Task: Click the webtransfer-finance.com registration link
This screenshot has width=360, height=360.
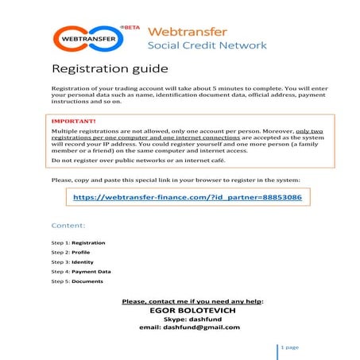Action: pyautogui.click(x=188, y=196)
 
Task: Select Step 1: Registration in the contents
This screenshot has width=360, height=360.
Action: pyautogui.click(x=78, y=242)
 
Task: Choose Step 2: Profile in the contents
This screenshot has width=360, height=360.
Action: pyautogui.click(x=71, y=252)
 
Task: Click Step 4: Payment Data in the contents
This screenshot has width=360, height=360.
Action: pyautogui.click(x=81, y=271)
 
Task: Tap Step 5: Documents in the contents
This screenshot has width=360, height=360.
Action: pyautogui.click(x=77, y=281)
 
